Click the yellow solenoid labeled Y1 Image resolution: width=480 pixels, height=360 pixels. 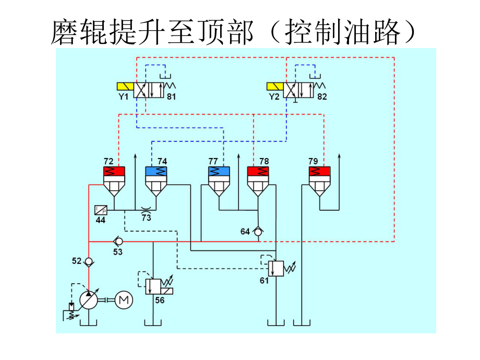click(x=125, y=87)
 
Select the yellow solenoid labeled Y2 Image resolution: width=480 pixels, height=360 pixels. click(x=274, y=87)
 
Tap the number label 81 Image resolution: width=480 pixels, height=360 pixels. click(x=172, y=97)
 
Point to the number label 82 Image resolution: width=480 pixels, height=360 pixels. click(x=322, y=97)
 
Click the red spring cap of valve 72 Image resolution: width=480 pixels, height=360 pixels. click(x=115, y=171)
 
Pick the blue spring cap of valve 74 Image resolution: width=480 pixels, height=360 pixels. click(x=155, y=171)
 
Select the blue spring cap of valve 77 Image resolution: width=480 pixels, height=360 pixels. click(x=219, y=171)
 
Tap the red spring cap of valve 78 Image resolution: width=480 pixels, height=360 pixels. click(x=258, y=171)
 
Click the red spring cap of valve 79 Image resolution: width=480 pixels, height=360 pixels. click(x=319, y=171)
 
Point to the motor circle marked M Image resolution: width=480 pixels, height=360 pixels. click(x=124, y=299)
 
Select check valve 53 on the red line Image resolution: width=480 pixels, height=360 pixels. click(x=118, y=242)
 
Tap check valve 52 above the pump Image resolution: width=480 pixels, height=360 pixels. click(x=89, y=261)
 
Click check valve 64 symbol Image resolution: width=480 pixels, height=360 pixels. click(x=258, y=231)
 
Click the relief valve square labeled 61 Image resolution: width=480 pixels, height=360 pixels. click(x=274, y=268)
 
